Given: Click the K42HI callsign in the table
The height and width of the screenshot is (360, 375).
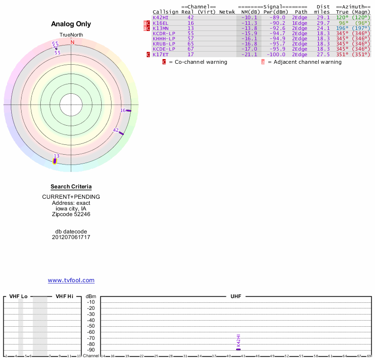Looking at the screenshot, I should pos(161,17).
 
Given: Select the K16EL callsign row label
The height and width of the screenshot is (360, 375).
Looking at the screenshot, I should pos(161,23).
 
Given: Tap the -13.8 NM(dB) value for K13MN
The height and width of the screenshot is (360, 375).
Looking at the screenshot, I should pos(249,28).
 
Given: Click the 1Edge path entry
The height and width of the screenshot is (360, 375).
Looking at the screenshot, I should pos(300,23).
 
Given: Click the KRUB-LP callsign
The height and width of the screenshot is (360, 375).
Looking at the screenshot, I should pos(164,44).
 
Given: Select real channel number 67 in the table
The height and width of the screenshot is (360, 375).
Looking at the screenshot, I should pos(190,49).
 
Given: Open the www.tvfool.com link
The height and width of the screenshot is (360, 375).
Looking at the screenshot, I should pos(71,280).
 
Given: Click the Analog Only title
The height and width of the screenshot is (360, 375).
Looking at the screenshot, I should pos(71,24).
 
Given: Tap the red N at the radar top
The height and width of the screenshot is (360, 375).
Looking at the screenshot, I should pos(72,42).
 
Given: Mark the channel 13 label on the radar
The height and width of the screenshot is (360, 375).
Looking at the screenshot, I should pos(56,156).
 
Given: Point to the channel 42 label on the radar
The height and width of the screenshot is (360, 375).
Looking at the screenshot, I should pos(116,130).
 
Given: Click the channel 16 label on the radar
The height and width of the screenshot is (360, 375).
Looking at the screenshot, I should pos(123,110).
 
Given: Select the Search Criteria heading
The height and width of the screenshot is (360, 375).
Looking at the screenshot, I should pos(71,187).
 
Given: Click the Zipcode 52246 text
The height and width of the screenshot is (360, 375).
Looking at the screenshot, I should pos(71,214).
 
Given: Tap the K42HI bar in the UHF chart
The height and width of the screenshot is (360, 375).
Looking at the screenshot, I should pos(239,349).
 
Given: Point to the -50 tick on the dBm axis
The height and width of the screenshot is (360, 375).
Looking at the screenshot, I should pos(91,326).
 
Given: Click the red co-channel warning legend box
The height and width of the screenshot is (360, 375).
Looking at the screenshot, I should pos(164,62).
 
